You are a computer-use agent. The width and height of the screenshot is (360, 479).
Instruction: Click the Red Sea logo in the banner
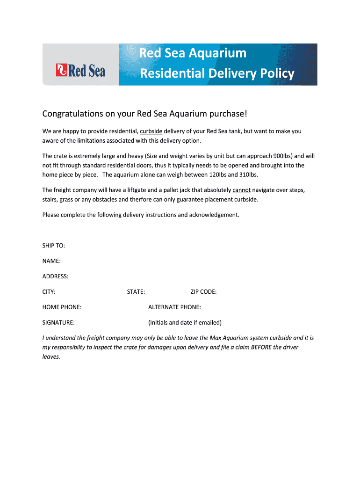click(80, 70)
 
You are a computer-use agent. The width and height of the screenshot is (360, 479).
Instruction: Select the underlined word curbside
click(151, 131)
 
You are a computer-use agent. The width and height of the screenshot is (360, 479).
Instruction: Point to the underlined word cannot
click(241, 190)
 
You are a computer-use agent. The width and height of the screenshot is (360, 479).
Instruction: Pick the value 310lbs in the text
click(245, 174)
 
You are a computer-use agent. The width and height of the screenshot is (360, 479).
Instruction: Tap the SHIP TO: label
click(54, 246)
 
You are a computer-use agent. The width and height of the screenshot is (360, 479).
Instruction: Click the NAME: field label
click(51, 261)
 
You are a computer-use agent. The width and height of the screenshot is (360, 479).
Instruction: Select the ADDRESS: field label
click(55, 276)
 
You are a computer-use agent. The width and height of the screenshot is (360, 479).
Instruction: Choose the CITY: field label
click(49, 292)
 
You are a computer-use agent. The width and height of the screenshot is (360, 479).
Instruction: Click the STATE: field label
click(136, 292)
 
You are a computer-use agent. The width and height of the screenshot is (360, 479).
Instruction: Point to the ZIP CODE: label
click(203, 292)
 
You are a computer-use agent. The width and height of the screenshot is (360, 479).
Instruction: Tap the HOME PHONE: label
click(62, 307)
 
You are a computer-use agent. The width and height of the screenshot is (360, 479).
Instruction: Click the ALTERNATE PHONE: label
click(174, 307)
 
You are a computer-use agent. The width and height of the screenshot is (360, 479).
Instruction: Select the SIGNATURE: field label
click(58, 323)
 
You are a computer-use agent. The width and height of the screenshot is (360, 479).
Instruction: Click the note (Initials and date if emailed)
click(185, 323)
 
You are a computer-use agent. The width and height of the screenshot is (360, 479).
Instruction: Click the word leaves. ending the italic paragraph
click(51, 356)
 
